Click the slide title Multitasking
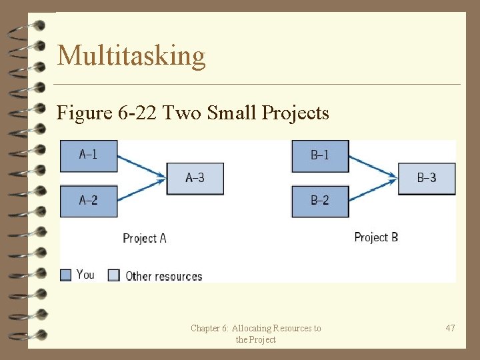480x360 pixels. (131, 55)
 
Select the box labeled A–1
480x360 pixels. (89, 155)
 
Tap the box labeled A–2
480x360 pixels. (89, 201)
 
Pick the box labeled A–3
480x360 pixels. (195, 178)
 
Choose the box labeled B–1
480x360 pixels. (320, 155)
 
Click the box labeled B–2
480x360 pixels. (320, 201)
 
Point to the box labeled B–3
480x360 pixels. (427, 178)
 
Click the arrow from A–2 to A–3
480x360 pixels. (141, 190)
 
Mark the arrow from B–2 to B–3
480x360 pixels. (373, 190)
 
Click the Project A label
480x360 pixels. (145, 238)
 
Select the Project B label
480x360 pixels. (376, 237)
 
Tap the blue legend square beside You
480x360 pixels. (65, 275)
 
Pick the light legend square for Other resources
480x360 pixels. (114, 275)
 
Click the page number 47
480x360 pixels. (450, 328)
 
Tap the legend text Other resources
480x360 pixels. (163, 276)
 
